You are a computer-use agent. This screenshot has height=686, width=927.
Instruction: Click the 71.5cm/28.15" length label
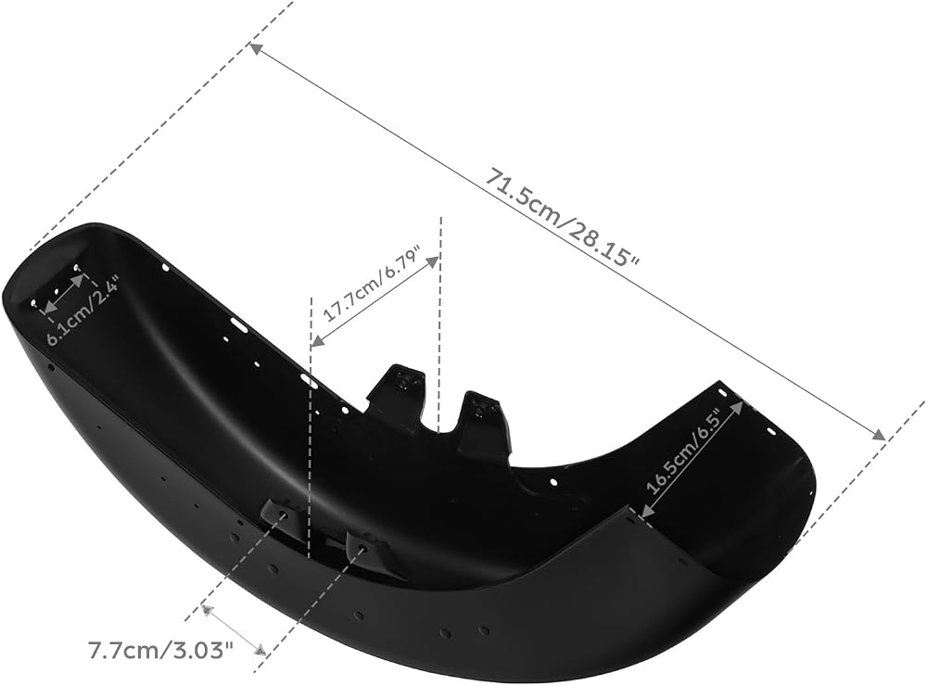(563, 218)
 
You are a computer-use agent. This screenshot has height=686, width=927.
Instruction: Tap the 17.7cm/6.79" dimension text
(373, 284)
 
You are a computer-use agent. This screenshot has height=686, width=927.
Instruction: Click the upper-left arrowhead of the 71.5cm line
(257, 49)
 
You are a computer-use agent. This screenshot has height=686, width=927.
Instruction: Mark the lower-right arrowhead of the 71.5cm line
(879, 434)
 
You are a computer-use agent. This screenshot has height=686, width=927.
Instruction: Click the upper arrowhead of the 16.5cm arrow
(738, 406)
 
